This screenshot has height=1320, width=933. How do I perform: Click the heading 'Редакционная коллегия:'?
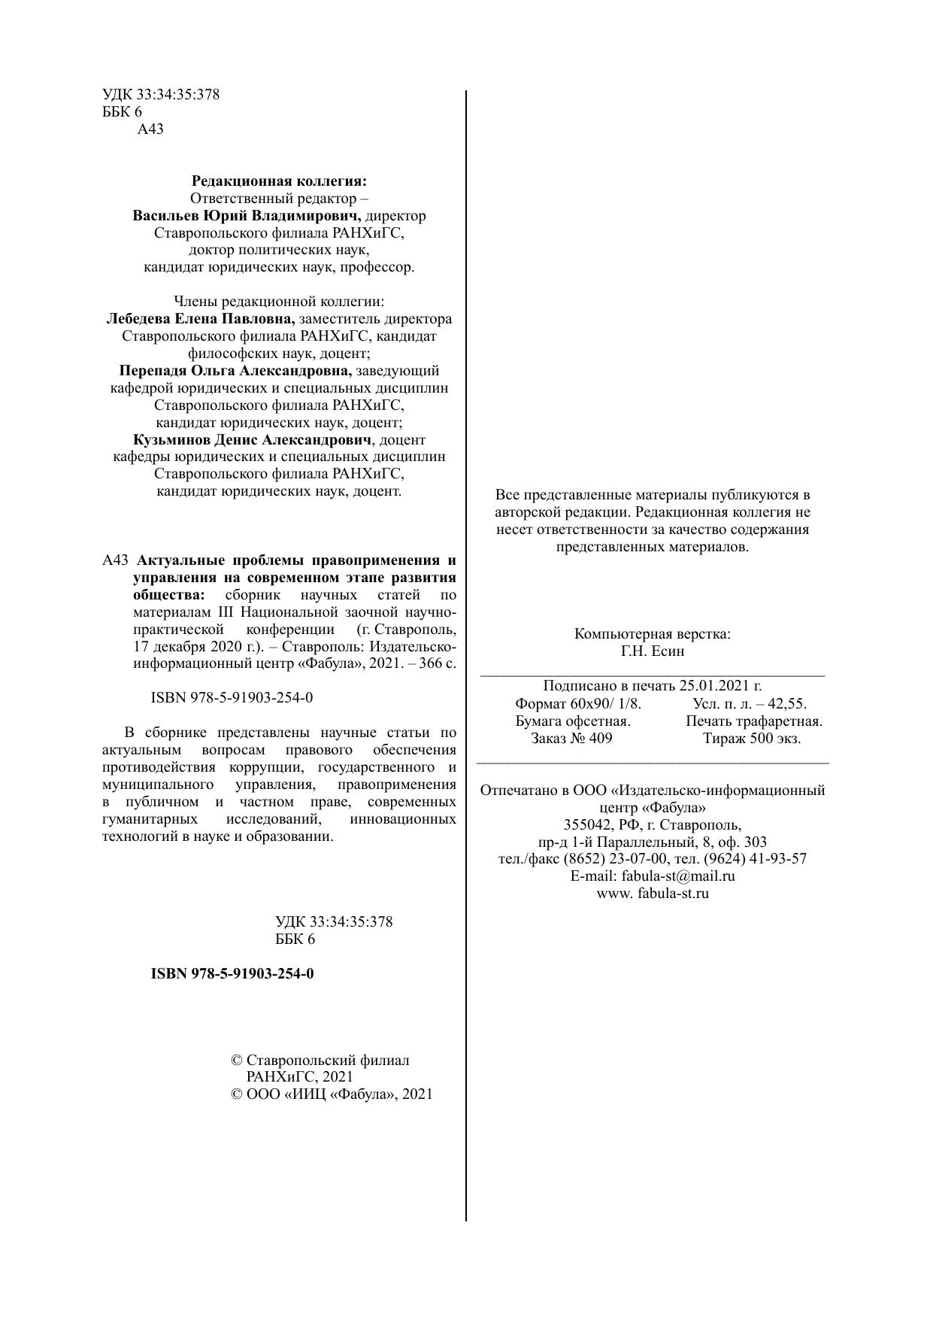tap(279, 181)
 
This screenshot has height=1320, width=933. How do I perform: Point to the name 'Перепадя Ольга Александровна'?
tap(236, 371)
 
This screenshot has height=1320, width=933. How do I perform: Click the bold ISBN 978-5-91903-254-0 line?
tap(232, 974)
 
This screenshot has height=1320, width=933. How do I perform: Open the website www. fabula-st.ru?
tap(653, 894)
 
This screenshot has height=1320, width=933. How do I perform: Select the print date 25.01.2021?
tap(720, 686)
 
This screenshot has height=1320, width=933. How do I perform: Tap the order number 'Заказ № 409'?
tap(571, 739)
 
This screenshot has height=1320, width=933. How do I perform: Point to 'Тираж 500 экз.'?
tap(752, 739)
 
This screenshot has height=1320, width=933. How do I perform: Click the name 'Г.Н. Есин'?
tap(653, 651)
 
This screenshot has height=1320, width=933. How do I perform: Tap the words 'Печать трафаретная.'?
tap(754, 721)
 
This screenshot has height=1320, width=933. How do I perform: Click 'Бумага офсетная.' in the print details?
tap(573, 721)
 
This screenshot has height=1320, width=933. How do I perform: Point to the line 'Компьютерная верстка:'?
tap(653, 634)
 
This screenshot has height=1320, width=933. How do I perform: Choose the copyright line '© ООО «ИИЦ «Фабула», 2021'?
tap(332, 1094)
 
